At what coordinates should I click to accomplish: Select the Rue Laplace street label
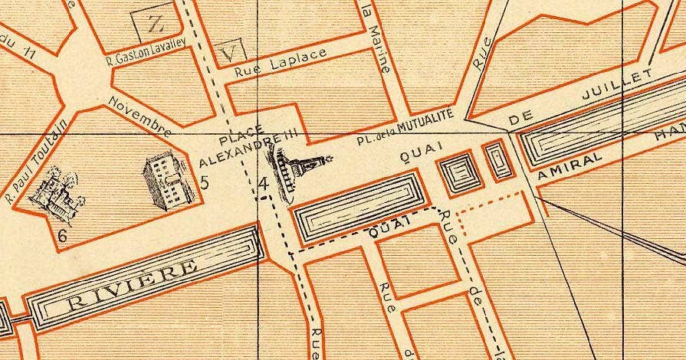[281, 64]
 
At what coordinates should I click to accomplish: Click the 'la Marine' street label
[376, 38]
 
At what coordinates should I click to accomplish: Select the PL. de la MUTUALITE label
[405, 128]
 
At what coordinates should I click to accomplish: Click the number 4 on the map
[264, 183]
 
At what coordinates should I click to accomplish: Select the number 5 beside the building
[204, 182]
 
